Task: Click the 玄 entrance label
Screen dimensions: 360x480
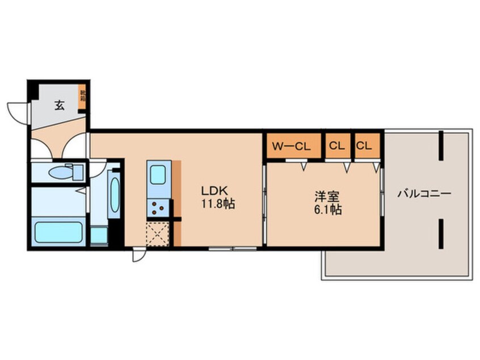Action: (59, 104)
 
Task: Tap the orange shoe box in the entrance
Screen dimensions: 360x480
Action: (83, 95)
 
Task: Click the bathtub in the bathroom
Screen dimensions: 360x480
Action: (58, 232)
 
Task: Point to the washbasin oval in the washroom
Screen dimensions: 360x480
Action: (114, 195)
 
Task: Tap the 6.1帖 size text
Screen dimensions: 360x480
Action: (327, 211)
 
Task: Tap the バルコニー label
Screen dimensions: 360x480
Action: (424, 193)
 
